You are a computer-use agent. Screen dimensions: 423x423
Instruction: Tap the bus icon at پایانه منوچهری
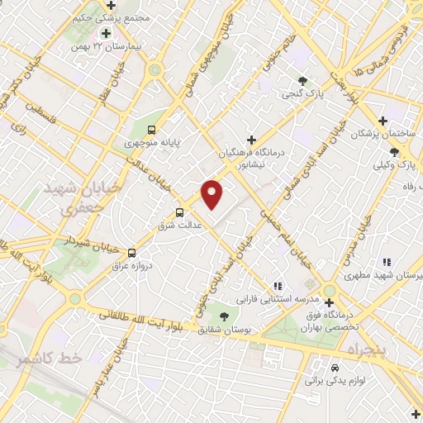pyautogui.click(x=151, y=130)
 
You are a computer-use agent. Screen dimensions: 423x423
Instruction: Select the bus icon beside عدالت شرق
pyautogui.click(x=180, y=212)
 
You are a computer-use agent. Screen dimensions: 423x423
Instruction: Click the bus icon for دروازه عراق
pyautogui.click(x=132, y=253)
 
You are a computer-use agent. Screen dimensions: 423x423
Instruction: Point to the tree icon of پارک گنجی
pyautogui.click(x=304, y=81)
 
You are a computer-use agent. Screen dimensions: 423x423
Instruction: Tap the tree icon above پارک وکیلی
pyautogui.click(x=394, y=152)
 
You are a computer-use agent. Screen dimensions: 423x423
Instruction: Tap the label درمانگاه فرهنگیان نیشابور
pyautogui.click(x=252, y=159)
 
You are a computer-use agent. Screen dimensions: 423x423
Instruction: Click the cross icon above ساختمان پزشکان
pyautogui.click(x=383, y=121)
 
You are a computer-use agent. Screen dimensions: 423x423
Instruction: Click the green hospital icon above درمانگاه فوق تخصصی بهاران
pyautogui.click(x=329, y=290)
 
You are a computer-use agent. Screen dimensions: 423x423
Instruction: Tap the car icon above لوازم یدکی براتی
pyautogui.click(x=334, y=368)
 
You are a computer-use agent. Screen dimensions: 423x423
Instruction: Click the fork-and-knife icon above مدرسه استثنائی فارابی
pyautogui.click(x=278, y=286)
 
